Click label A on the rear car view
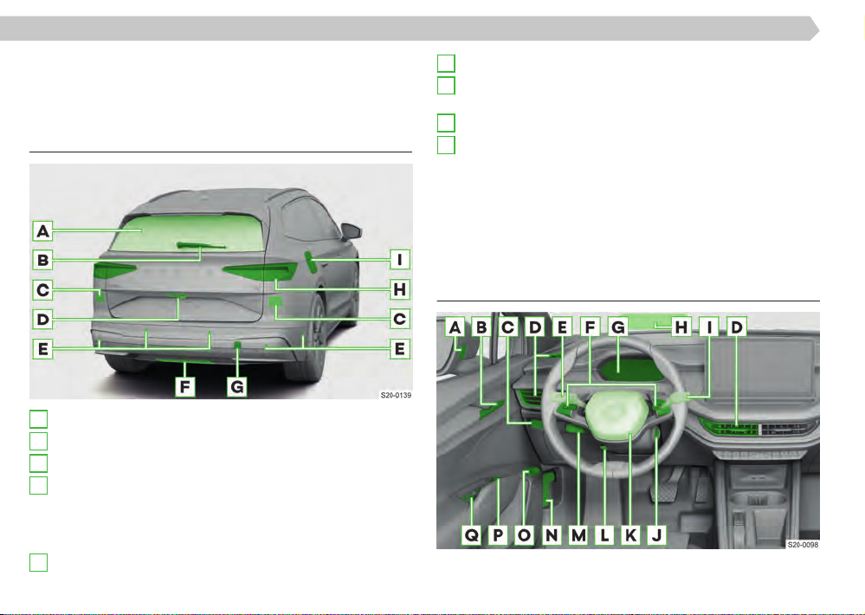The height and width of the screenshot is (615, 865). point(42,230)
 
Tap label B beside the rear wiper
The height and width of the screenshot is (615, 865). point(42,260)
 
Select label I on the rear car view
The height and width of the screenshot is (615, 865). point(399,259)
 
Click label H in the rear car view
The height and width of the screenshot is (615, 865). point(399,288)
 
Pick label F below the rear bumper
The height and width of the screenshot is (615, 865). point(184,386)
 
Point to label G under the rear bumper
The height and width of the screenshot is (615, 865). point(236,386)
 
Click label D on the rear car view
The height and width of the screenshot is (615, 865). point(42,319)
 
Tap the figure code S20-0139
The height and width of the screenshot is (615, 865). point(396,395)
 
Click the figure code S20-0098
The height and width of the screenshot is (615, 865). point(803,544)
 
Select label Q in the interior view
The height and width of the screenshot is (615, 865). point(472,534)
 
